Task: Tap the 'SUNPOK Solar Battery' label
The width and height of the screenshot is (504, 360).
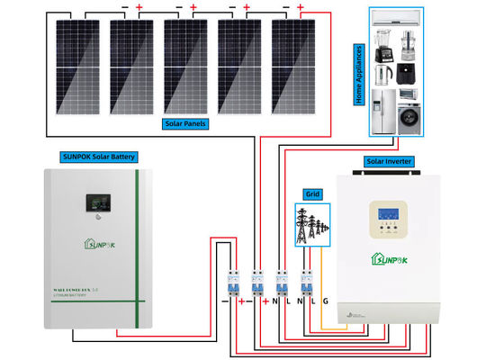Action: click(100, 157)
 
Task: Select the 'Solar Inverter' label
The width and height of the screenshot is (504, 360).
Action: click(389, 161)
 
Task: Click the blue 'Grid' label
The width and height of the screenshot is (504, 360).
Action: click(312, 193)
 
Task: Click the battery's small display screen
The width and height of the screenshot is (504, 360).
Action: click(93, 204)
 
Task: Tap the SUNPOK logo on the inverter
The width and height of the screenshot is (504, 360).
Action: click(389, 261)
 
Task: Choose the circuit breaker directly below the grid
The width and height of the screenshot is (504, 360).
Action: click(305, 281)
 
